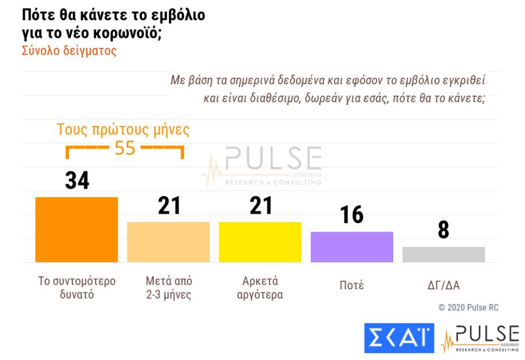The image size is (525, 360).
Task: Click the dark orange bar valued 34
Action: pyautogui.click(x=76, y=229)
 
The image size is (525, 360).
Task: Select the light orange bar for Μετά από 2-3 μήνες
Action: pyautogui.click(x=168, y=242)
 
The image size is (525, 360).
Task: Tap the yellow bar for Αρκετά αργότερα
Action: pyautogui.click(x=260, y=242)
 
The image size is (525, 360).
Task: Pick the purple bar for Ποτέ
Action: pyautogui.click(x=352, y=247)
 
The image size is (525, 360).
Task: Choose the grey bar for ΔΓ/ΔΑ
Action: pyautogui.click(x=444, y=254)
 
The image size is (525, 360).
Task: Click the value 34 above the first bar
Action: pyautogui.click(x=77, y=180)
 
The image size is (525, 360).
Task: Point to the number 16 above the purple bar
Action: pyautogui.click(x=352, y=215)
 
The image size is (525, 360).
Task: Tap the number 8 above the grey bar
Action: pyautogui.click(x=444, y=230)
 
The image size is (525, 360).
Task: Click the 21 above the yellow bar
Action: pyautogui.click(x=261, y=205)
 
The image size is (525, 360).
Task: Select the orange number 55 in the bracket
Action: pyautogui.click(x=125, y=148)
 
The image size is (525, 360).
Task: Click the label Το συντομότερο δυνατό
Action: pyautogui.click(x=77, y=288)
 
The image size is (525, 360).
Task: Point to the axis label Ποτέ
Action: pyautogui.click(x=352, y=285)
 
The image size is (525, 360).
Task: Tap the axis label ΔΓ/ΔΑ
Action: pyautogui.click(x=444, y=285)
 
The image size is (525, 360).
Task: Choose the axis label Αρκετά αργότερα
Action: pyautogui.click(x=260, y=288)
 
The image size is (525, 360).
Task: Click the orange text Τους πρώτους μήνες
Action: pyautogui.click(x=123, y=129)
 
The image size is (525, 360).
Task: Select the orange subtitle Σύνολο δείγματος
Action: pyautogui.click(x=69, y=50)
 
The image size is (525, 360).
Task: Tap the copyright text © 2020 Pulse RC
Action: pyautogui.click(x=468, y=307)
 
